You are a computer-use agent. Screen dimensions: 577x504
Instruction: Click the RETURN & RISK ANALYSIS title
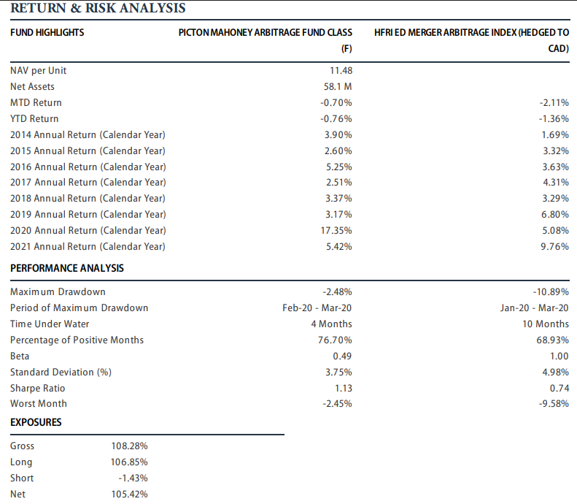pyautogui.click(x=98, y=8)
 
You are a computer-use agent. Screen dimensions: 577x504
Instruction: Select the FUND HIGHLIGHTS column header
pyautogui.click(x=47, y=32)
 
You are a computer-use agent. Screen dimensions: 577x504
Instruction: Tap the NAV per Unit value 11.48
pyautogui.click(x=341, y=70)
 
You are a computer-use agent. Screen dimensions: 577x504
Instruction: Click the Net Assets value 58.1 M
pyautogui.click(x=338, y=87)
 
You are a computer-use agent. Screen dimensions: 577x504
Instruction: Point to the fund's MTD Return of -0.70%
pyautogui.click(x=336, y=102)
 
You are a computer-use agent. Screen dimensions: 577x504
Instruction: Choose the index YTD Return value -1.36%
pyautogui.click(x=554, y=118)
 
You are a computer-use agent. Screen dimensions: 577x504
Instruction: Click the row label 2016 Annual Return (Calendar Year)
pyautogui.click(x=88, y=167)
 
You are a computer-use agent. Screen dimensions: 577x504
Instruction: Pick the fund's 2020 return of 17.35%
pyautogui.click(x=336, y=230)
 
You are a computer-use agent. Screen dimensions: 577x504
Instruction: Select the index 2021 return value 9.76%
pyautogui.click(x=554, y=246)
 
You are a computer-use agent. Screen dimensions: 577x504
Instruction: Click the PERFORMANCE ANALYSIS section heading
pyautogui.click(x=67, y=268)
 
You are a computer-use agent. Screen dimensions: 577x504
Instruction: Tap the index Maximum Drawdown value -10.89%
pyautogui.click(x=551, y=291)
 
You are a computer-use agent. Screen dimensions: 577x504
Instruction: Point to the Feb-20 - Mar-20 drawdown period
pyautogui.click(x=317, y=308)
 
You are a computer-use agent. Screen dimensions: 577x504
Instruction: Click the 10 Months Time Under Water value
pyautogui.click(x=546, y=324)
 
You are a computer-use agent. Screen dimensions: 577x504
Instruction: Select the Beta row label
pyautogui.click(x=20, y=356)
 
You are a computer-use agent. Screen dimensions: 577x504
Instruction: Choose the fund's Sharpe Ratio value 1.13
pyautogui.click(x=344, y=388)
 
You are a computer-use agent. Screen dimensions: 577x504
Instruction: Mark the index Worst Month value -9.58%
pyautogui.click(x=554, y=403)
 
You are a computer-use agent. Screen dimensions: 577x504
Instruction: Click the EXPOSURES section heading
pyautogui.click(x=36, y=422)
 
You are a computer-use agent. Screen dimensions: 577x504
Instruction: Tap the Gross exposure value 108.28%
pyautogui.click(x=130, y=446)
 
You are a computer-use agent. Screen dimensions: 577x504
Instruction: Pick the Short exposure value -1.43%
pyautogui.click(x=133, y=478)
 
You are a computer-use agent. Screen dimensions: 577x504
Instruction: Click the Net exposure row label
pyautogui.click(x=18, y=494)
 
